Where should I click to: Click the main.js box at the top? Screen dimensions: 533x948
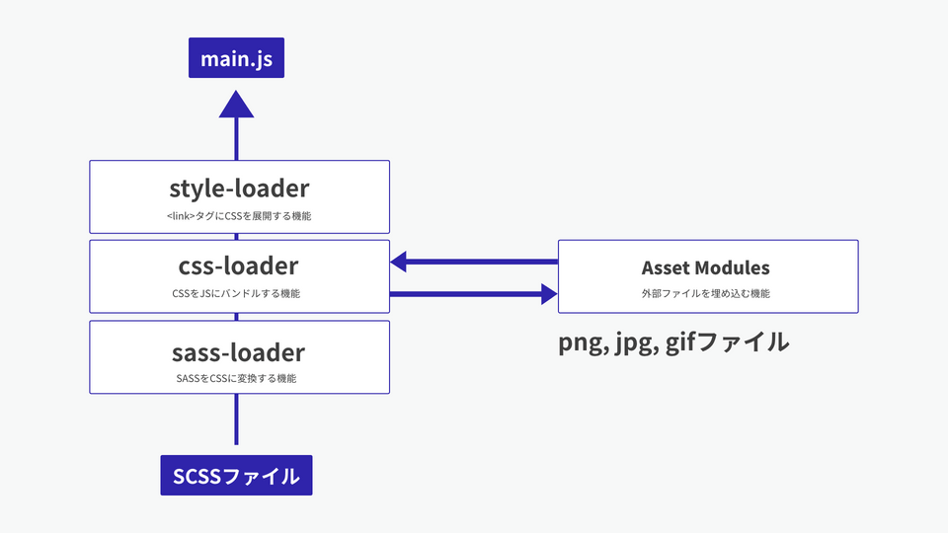(x=236, y=59)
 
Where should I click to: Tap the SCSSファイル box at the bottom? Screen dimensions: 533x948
(x=236, y=475)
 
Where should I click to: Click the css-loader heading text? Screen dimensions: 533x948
(x=239, y=266)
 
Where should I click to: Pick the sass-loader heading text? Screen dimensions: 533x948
(x=239, y=351)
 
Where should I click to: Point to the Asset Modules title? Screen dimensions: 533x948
(x=705, y=267)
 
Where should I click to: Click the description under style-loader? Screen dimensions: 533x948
(x=239, y=215)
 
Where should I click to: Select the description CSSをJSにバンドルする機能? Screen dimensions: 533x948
(x=236, y=294)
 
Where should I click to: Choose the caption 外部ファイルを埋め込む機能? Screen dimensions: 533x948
(x=705, y=294)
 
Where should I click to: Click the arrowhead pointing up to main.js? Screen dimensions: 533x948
(x=236, y=106)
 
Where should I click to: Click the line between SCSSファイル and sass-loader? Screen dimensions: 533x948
(x=236, y=422)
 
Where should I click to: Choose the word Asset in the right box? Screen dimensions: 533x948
(x=665, y=267)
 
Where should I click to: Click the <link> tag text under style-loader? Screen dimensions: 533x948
(x=182, y=215)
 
